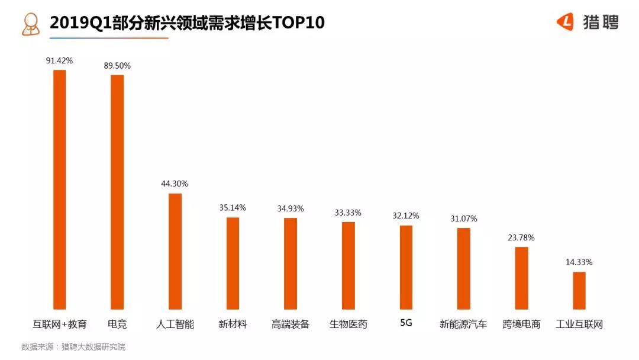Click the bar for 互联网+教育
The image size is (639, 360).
pos(60,189)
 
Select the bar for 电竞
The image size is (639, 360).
pos(117,192)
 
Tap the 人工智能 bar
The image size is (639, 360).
pos(175,251)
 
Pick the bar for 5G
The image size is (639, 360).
pos(406,267)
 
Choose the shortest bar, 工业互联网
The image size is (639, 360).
pos(579,290)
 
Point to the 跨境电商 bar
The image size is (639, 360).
pos(521,278)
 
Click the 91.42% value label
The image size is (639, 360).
pos(59,60)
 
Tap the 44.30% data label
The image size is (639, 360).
pos(175,184)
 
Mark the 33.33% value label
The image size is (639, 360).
pos(348,213)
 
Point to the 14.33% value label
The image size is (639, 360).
pos(579,262)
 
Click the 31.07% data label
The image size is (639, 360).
pos(463,218)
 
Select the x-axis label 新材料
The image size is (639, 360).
pos(233,324)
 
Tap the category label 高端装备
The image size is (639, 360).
pos(291,324)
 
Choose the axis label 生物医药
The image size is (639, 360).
pos(348,324)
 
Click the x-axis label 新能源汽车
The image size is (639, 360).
pos(463,324)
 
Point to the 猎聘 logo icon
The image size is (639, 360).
pos(565,22)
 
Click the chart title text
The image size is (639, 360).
pos(187,22)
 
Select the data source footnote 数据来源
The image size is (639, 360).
pos(73,347)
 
